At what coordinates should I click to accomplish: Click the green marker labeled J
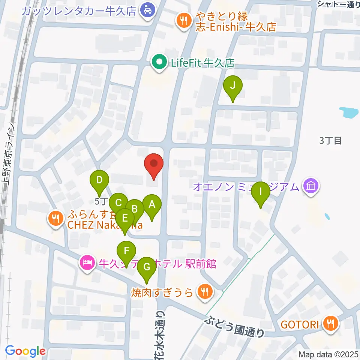coord(232,87)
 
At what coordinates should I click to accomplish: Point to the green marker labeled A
coord(152,205)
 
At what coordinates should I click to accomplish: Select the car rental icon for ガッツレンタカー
coord(145,9)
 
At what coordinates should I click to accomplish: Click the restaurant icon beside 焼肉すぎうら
coord(204,291)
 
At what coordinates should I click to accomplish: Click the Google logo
coord(25,351)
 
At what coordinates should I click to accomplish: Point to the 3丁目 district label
coord(330,141)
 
